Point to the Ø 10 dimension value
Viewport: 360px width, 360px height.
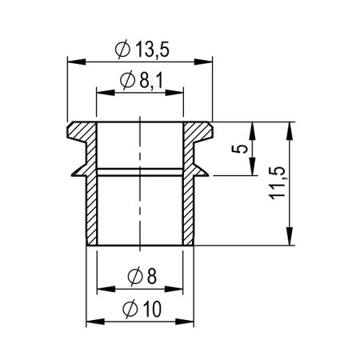pos(141,310)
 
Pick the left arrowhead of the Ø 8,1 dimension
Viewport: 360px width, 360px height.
pos(101,91)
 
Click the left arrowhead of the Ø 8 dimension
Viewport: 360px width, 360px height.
pos(101,288)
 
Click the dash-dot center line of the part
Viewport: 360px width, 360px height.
pos(140,192)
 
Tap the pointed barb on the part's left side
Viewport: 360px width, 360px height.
pos(75,169)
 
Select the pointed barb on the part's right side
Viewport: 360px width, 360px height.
pos(205,169)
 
